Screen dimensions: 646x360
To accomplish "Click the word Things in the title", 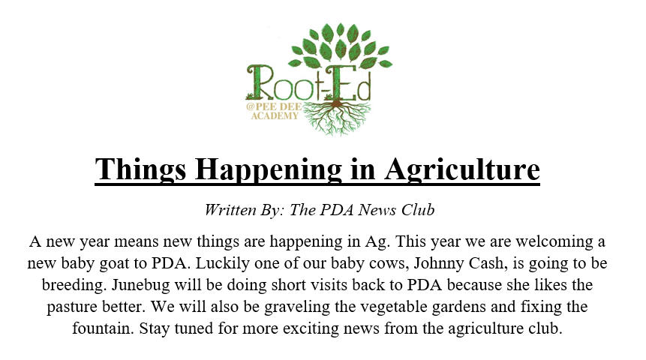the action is [140, 169].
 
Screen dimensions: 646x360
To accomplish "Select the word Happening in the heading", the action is [268, 169].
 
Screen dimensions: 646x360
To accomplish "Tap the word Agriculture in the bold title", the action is [462, 169].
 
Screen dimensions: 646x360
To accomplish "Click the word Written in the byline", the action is [230, 210].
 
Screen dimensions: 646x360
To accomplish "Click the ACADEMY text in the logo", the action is [275, 116].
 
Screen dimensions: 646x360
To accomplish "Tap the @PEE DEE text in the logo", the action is [274, 107].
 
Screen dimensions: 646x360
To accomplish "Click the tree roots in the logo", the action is [338, 117].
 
